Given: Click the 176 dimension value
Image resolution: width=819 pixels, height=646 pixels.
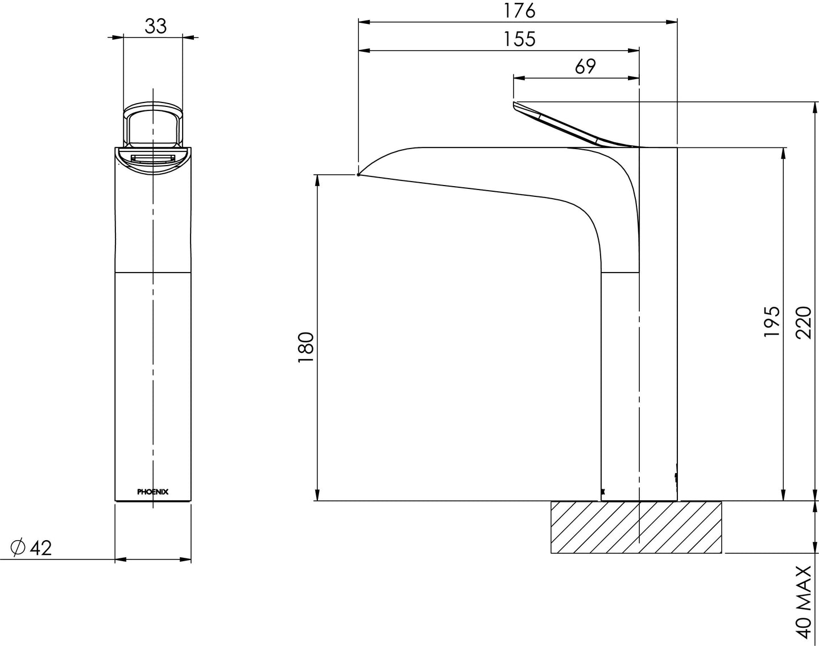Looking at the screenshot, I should click(x=520, y=10).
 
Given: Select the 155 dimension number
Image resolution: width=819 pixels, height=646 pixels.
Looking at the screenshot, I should click(x=520, y=39).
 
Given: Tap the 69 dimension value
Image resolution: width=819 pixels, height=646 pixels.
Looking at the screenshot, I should click(x=585, y=67).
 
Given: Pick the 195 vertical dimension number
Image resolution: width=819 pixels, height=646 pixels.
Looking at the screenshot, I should click(x=771, y=322).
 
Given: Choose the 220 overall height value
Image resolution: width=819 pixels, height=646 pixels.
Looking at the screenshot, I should click(x=803, y=322).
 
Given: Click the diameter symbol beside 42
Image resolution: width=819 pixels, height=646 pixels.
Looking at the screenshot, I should click(x=18, y=548).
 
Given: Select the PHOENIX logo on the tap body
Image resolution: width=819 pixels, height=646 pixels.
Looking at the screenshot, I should click(x=153, y=492).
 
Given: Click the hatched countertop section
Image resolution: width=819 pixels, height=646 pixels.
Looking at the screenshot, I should click(x=635, y=527).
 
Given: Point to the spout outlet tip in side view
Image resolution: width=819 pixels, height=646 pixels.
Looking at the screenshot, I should click(x=359, y=174).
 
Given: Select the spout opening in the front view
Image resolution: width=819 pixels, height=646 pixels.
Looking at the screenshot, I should click(x=153, y=159).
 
